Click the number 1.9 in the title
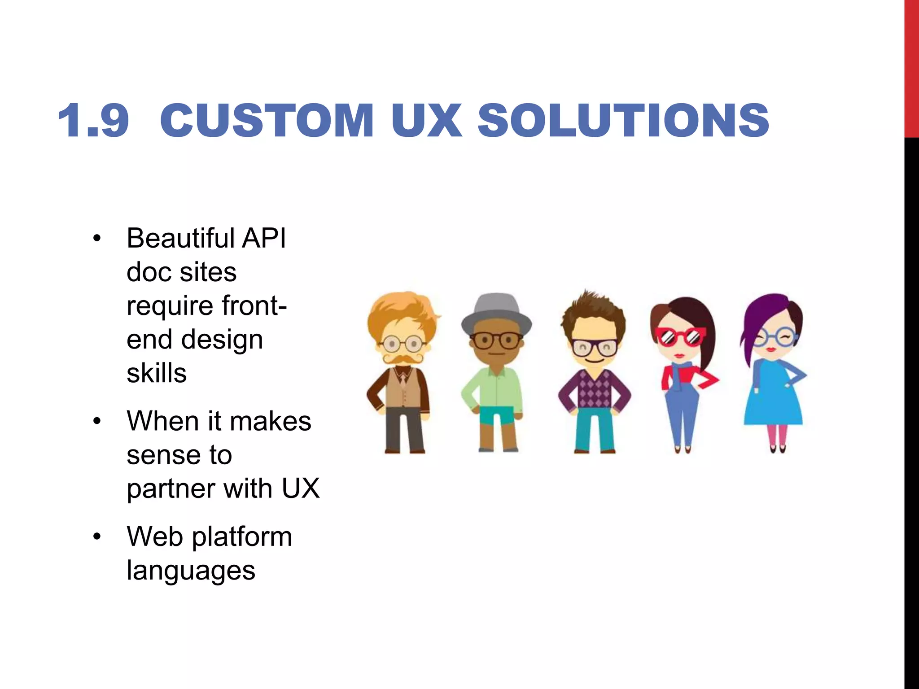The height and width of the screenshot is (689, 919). click(x=93, y=121)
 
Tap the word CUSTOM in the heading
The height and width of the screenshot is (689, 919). click(x=267, y=121)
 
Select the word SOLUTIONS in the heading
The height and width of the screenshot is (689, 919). click(x=623, y=121)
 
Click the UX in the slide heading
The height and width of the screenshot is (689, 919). click(x=426, y=121)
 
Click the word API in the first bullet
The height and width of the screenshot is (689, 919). click(x=264, y=238)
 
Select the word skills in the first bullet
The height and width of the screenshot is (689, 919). click(x=156, y=373)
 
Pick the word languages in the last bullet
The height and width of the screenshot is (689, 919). click(x=191, y=571)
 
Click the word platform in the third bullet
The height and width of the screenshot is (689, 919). click(x=242, y=537)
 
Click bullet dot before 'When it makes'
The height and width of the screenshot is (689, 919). click(x=97, y=422)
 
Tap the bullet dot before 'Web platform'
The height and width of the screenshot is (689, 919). click(x=97, y=537)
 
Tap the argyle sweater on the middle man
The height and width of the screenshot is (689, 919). click(x=595, y=388)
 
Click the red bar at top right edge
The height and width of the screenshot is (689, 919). click(x=911, y=67)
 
